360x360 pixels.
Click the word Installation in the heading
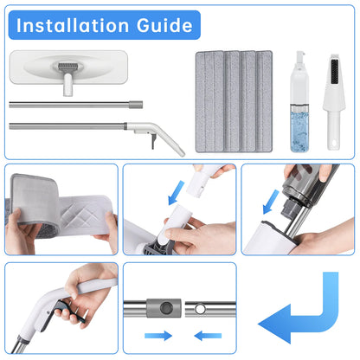73,25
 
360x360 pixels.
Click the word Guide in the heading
164,25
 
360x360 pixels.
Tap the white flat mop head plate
68,67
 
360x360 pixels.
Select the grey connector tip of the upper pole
136,105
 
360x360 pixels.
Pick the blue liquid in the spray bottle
299,132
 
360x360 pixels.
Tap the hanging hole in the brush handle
334,144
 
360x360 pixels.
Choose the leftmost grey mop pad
209,101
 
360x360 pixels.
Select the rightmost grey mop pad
264,101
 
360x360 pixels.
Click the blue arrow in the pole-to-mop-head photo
177,193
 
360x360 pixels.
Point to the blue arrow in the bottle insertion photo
271,202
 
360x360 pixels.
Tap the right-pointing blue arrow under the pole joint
158,336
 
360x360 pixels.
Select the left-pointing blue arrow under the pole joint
208,336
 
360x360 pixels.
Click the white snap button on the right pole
200,309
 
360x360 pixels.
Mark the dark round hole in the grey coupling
165,308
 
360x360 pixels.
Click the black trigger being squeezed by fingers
68,311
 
